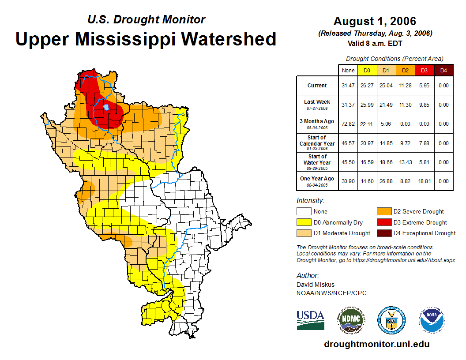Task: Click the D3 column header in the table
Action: [424, 70]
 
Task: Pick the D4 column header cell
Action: [443, 70]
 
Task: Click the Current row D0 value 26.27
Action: [367, 86]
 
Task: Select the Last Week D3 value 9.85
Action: [424, 105]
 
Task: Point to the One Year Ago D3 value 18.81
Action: [424, 181]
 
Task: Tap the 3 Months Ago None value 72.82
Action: [348, 124]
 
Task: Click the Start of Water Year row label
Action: [317, 162]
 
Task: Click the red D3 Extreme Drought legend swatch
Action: [383, 222]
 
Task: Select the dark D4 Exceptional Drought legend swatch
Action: [383, 233]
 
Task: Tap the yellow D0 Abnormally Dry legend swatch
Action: [304, 222]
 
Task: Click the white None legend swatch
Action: [304, 212]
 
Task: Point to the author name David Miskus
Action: [315, 285]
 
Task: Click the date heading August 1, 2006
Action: [375, 21]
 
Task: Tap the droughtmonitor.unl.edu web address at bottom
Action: [376, 344]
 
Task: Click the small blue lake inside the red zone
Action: [106, 107]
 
